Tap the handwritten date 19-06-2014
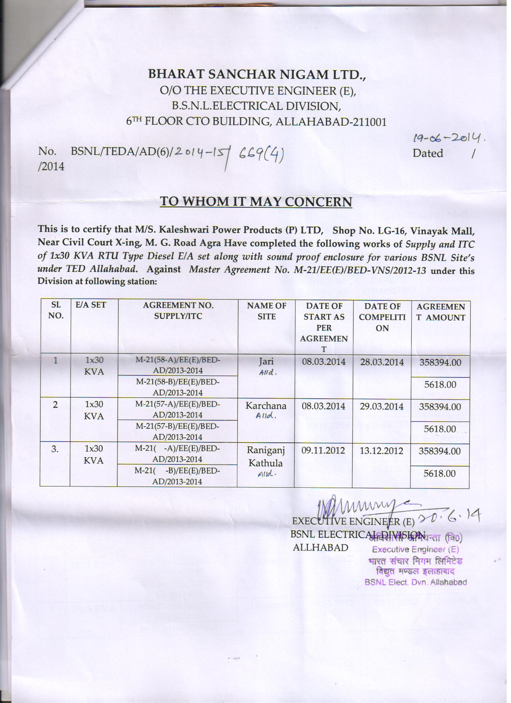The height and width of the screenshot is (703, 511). point(445,138)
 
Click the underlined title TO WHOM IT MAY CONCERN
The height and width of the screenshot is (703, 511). point(256,201)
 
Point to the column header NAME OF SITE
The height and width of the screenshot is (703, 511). point(267,311)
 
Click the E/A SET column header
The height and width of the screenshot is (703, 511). point(91,305)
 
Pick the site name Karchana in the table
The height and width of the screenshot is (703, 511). point(266,406)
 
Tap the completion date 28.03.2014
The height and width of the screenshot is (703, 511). point(382,362)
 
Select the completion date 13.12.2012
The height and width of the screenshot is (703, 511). point(381,450)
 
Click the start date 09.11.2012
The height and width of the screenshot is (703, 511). point(323,450)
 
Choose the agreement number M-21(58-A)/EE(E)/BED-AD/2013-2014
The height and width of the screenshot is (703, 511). point(178,365)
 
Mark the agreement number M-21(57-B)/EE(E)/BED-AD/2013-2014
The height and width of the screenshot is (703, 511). point(178,431)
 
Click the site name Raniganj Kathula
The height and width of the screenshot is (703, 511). point(266,457)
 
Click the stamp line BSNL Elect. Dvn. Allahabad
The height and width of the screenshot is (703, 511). point(416,582)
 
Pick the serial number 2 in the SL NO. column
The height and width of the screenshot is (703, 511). point(55,405)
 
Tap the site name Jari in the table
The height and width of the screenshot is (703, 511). point(266,361)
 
